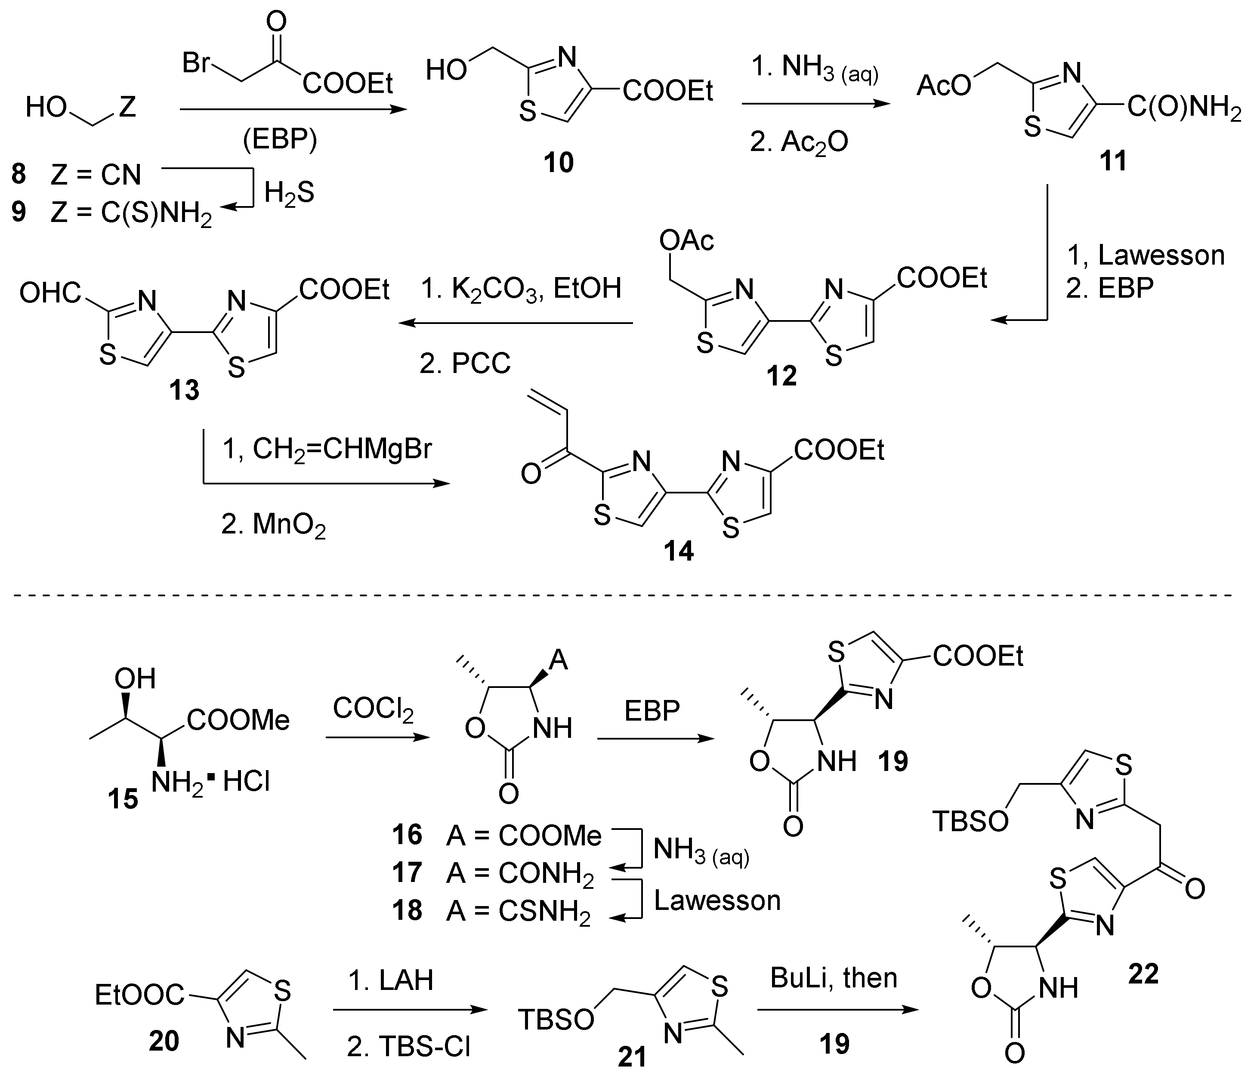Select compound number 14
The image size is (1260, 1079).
click(x=679, y=552)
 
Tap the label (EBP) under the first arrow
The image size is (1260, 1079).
click(x=280, y=140)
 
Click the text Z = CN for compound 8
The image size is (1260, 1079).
click(x=96, y=175)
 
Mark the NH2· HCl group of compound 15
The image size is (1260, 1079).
click(x=210, y=782)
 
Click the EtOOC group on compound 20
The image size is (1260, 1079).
click(x=139, y=995)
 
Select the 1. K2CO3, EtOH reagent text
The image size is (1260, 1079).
click(x=521, y=289)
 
